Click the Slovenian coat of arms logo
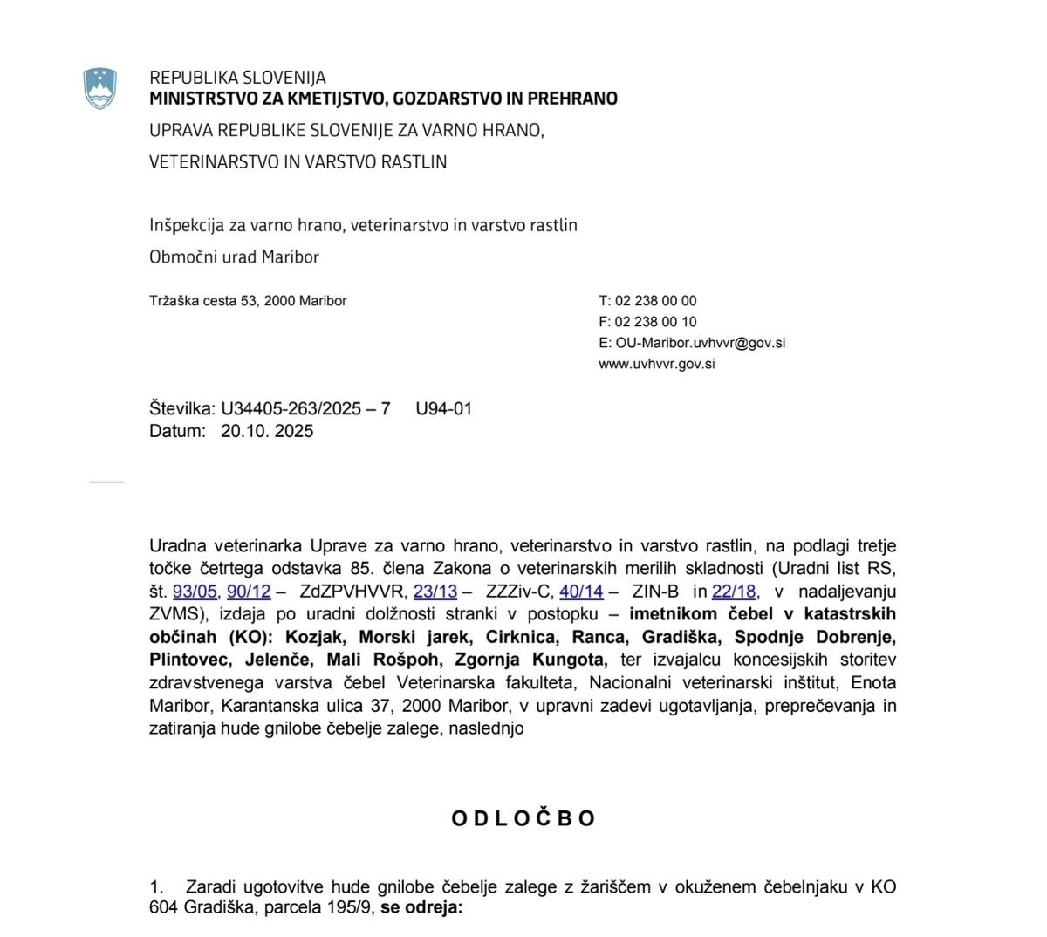(100, 87)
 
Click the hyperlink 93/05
(195, 592)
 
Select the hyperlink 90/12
(249, 592)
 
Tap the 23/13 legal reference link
(435, 592)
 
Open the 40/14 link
(581, 592)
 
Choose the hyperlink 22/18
(734, 592)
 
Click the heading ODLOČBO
(523, 818)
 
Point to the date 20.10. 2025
(267, 431)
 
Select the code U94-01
(444, 408)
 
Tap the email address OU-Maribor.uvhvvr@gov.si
(700, 343)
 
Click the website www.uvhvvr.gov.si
(656, 364)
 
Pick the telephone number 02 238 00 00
(655, 301)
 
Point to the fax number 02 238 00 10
(655, 322)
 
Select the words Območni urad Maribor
(234, 257)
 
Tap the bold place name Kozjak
(313, 637)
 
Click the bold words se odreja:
(421, 908)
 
